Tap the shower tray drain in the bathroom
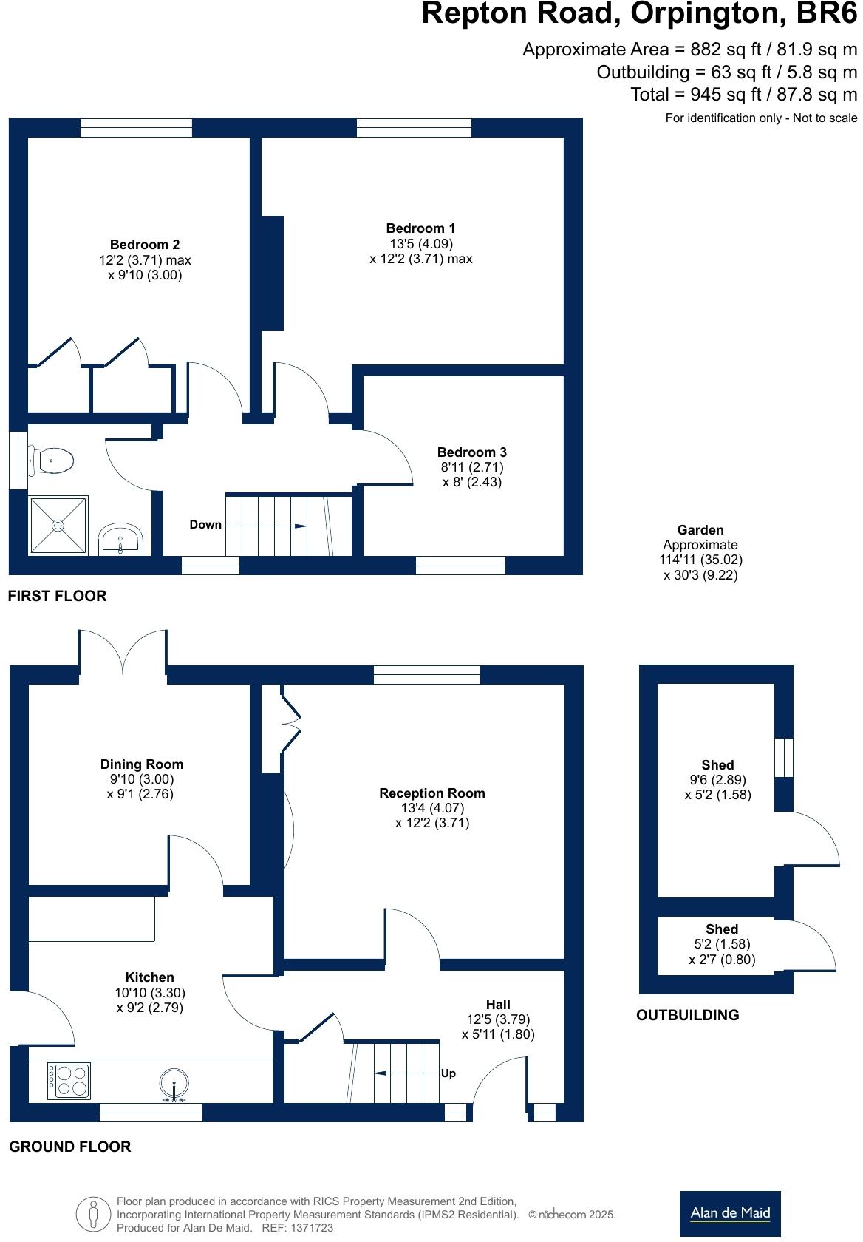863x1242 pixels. pos(58,525)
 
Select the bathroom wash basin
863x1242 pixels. pos(121,539)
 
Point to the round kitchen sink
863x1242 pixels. pos(174,1085)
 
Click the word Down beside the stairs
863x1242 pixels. pos(205,525)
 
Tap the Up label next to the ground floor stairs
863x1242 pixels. pos(448,1073)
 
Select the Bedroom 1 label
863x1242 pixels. pos(420,228)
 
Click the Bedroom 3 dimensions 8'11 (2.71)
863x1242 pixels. pos(472,467)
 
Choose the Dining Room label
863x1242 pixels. pos(142,764)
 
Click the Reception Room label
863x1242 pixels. pos(432,793)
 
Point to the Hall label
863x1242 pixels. pos(498,1005)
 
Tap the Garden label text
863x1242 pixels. pos(700,530)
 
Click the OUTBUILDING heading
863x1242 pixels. pos(687,1015)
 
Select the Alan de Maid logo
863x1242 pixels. pos(729,1213)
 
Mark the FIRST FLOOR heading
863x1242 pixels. pos(57,596)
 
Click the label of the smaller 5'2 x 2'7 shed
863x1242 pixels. pos(722,929)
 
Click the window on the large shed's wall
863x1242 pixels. pos(783,757)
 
